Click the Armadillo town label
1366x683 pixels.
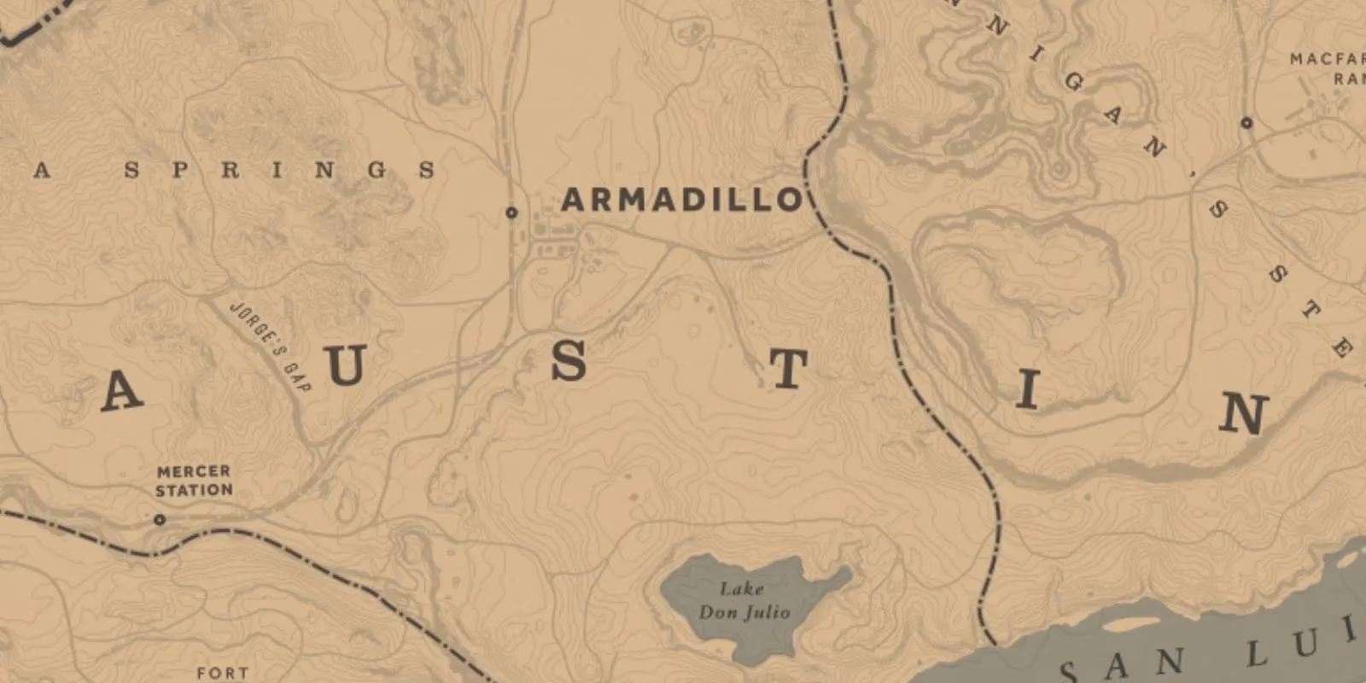coord(681,200)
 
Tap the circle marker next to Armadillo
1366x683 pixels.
coord(511,213)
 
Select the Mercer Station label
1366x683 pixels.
coord(194,481)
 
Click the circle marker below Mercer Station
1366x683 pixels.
coord(160,519)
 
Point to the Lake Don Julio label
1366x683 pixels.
coord(744,600)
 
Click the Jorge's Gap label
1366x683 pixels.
coord(271,346)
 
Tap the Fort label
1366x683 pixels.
coord(223,673)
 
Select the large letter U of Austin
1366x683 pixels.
coord(345,365)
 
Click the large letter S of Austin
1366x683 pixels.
coord(569,360)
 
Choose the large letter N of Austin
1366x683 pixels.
coord(1243,414)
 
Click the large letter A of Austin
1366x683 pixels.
coord(121,392)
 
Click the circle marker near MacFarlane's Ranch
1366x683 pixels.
coord(1246,123)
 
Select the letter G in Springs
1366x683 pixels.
coord(377,170)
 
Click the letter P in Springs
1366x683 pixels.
coord(180,170)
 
